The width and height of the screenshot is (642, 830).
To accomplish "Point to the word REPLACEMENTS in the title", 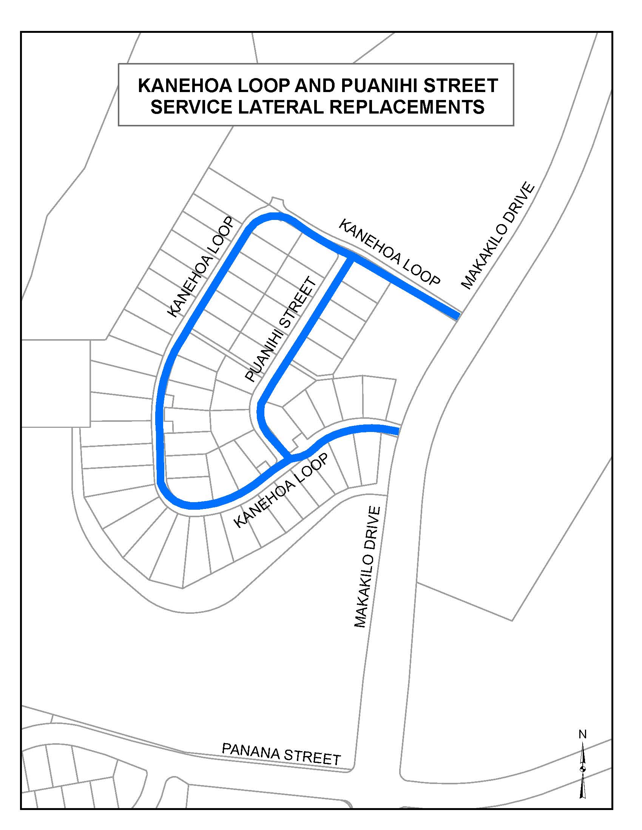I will pyautogui.click(x=407, y=107).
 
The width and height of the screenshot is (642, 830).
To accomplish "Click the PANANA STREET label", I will pyautogui.click(x=281, y=753).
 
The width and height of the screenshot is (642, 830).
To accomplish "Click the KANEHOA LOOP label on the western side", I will pyautogui.click(x=200, y=267).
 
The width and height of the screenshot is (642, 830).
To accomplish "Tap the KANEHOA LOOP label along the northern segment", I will pyautogui.click(x=389, y=252).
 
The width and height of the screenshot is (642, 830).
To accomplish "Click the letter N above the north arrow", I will pyautogui.click(x=582, y=735).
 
